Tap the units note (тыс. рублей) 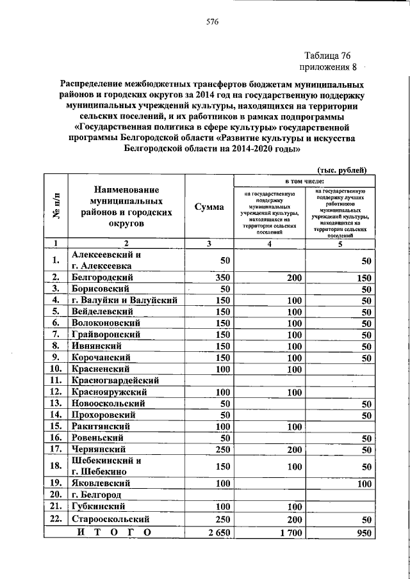342,170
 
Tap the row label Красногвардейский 116,380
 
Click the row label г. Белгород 96,494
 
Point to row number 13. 56,403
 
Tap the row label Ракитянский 103,426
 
